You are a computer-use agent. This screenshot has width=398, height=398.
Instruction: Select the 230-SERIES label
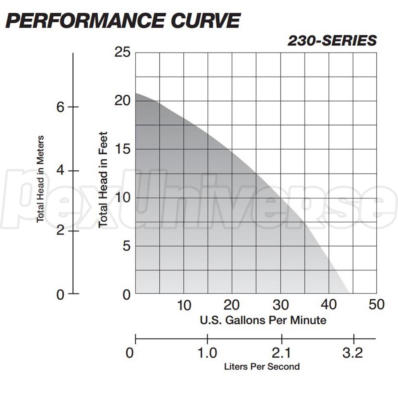(x=332, y=41)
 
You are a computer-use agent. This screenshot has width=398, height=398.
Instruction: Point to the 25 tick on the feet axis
(x=122, y=52)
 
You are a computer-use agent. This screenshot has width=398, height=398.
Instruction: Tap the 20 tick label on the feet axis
(x=122, y=101)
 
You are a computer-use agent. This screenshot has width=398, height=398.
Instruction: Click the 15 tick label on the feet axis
(x=122, y=149)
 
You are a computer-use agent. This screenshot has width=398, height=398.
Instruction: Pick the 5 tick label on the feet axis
(x=126, y=246)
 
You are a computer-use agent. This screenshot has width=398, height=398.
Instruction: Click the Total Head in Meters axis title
(x=40, y=179)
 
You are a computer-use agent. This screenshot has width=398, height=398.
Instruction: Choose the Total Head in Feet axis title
(x=103, y=179)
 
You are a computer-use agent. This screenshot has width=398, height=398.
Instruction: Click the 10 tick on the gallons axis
(x=183, y=305)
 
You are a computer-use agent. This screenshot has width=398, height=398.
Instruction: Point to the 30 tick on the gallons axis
(x=280, y=305)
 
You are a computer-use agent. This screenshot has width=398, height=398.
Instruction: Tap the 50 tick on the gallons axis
(x=377, y=305)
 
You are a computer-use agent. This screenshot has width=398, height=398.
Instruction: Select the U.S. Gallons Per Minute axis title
(x=263, y=320)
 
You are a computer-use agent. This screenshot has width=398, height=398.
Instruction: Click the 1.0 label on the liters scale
(x=207, y=353)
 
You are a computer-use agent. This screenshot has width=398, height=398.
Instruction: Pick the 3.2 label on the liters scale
(x=353, y=353)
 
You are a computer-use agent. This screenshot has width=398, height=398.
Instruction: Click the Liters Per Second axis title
(x=262, y=367)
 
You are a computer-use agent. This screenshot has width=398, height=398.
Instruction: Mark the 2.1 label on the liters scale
(x=282, y=353)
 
